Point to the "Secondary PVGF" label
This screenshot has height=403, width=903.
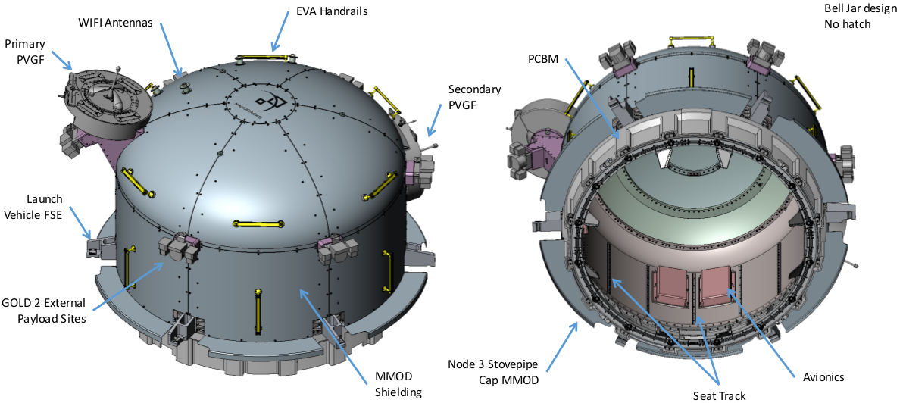tap(474, 97)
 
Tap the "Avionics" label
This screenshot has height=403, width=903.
tap(823, 376)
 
